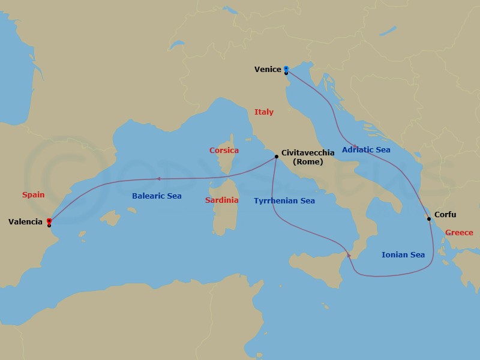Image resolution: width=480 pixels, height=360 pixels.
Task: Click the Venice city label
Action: (268, 70)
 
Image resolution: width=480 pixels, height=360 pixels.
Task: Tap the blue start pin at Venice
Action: (286, 68)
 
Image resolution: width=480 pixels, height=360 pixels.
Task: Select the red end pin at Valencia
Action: (49, 221)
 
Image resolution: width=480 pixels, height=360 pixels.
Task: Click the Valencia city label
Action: (25, 222)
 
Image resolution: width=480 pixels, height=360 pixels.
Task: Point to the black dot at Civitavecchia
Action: (276, 157)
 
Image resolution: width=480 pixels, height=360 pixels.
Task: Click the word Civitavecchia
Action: (308, 153)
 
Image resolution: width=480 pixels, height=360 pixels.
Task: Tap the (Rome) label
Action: (307, 161)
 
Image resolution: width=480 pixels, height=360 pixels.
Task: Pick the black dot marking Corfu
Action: (429, 218)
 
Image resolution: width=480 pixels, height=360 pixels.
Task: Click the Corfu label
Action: (446, 214)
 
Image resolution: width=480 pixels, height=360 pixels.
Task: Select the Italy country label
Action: (264, 112)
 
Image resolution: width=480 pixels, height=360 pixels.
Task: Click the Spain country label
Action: (33, 195)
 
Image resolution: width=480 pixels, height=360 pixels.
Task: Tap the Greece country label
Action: (460, 233)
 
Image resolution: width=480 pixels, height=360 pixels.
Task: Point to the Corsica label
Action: (224, 151)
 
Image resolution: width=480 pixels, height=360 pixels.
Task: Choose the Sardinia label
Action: (221, 200)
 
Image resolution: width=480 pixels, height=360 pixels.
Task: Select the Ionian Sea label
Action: (403, 255)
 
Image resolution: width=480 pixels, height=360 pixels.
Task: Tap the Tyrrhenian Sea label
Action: (284, 201)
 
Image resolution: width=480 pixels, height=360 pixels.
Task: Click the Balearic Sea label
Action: (157, 196)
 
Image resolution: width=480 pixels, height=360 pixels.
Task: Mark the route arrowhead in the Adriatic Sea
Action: (356, 147)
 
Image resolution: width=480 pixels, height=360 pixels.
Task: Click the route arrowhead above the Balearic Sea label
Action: (157, 179)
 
